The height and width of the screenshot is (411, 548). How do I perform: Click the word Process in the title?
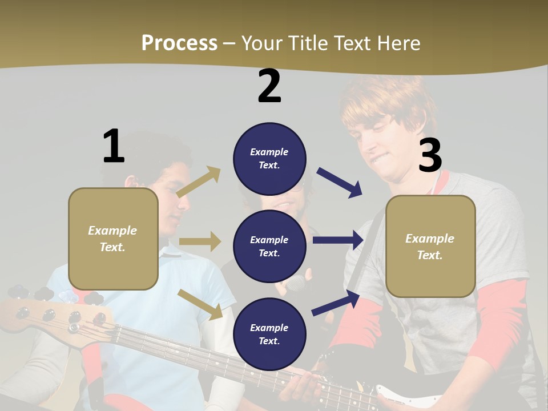179,43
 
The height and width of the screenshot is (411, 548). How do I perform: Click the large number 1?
114,146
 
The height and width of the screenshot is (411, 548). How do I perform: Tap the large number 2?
269,86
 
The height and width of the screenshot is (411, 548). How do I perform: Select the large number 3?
430,155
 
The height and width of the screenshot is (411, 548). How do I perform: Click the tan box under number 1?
113,239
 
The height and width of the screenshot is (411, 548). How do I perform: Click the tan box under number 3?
430,246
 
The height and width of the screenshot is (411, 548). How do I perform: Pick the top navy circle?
269,159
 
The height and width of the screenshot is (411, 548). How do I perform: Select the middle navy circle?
269,246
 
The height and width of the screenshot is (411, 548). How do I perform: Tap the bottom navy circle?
269,334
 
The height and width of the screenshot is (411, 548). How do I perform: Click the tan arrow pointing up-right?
199,182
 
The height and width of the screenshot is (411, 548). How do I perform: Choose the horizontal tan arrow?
200,241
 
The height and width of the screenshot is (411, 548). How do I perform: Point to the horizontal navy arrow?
338,240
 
